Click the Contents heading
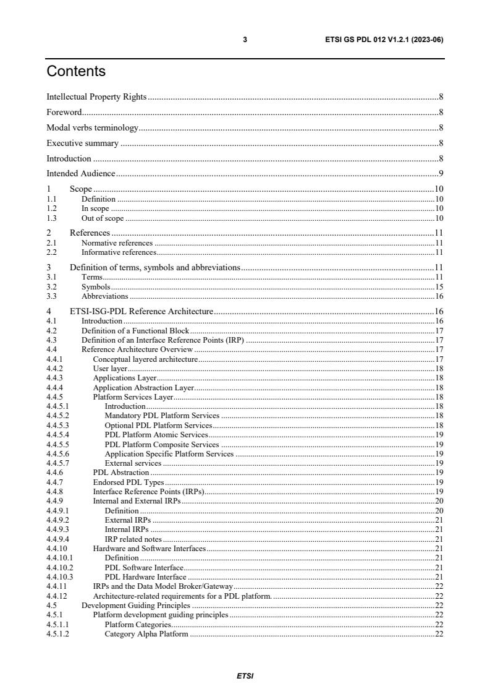click(x=76, y=72)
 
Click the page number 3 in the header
click(x=245, y=40)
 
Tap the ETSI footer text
click(x=245, y=676)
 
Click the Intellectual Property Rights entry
click(x=97, y=96)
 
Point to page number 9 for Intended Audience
click(x=441, y=174)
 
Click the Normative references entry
click(x=117, y=243)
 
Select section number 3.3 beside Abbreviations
click(x=52, y=296)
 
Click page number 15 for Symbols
click(x=439, y=287)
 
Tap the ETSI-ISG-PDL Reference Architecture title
click(x=142, y=311)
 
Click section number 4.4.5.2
click(x=58, y=416)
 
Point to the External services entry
click(x=133, y=463)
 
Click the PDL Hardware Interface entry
click(x=146, y=576)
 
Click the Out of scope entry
click(x=103, y=218)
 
